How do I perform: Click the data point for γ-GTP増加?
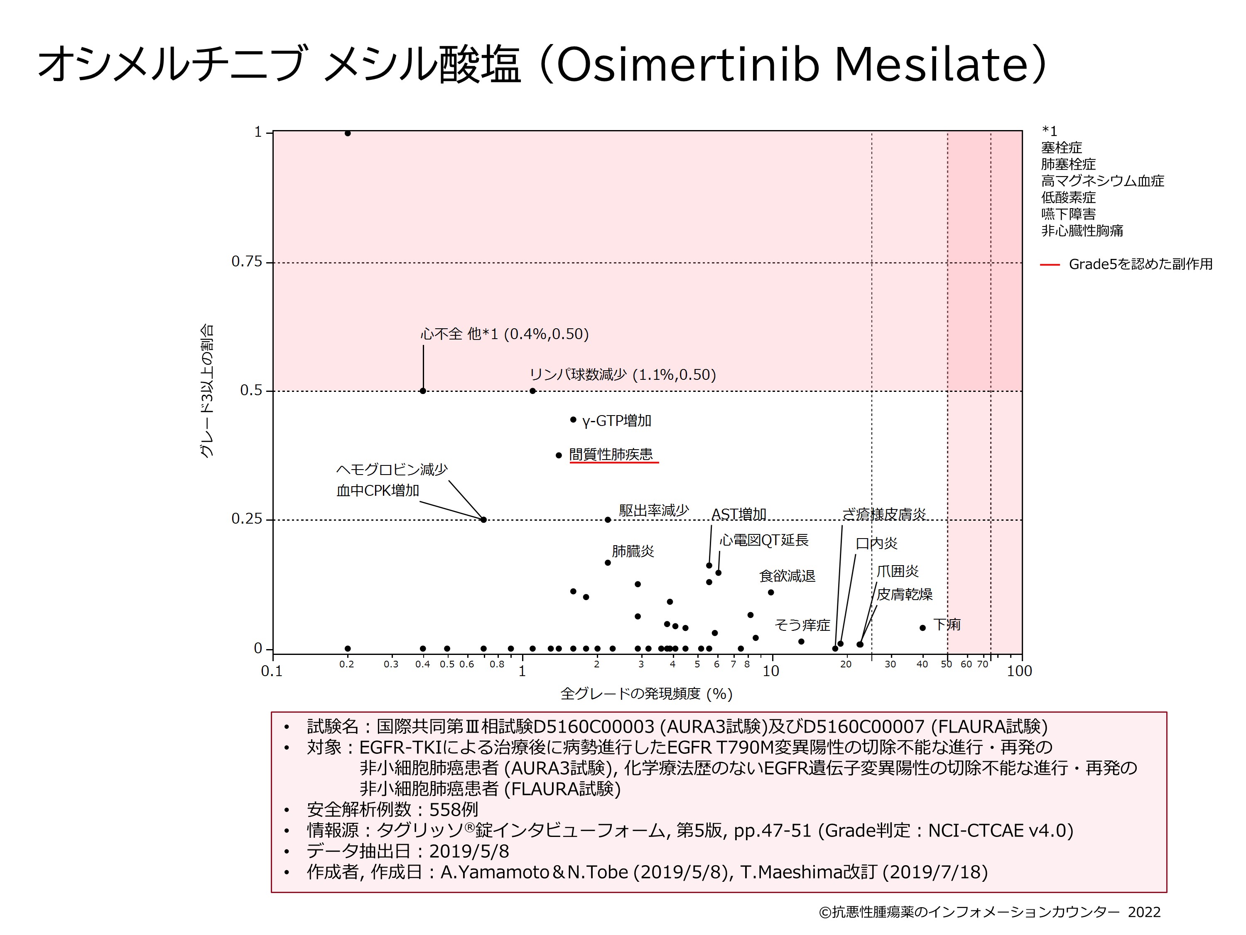coord(573,419)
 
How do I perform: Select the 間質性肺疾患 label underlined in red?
coord(611,454)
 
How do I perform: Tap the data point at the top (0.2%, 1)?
coord(348,133)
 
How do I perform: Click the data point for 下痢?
coord(922,628)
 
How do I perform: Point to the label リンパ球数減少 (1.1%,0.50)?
coord(623,375)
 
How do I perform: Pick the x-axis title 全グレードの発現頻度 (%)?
coord(646,694)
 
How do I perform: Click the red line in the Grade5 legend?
coord(1050,264)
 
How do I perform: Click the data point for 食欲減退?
coord(770,592)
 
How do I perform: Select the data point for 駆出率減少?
coord(607,519)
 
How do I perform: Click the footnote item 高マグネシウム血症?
coord(1102,181)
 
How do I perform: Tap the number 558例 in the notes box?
coord(454,810)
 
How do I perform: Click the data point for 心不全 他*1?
coord(422,391)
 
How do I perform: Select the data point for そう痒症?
coord(801,641)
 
